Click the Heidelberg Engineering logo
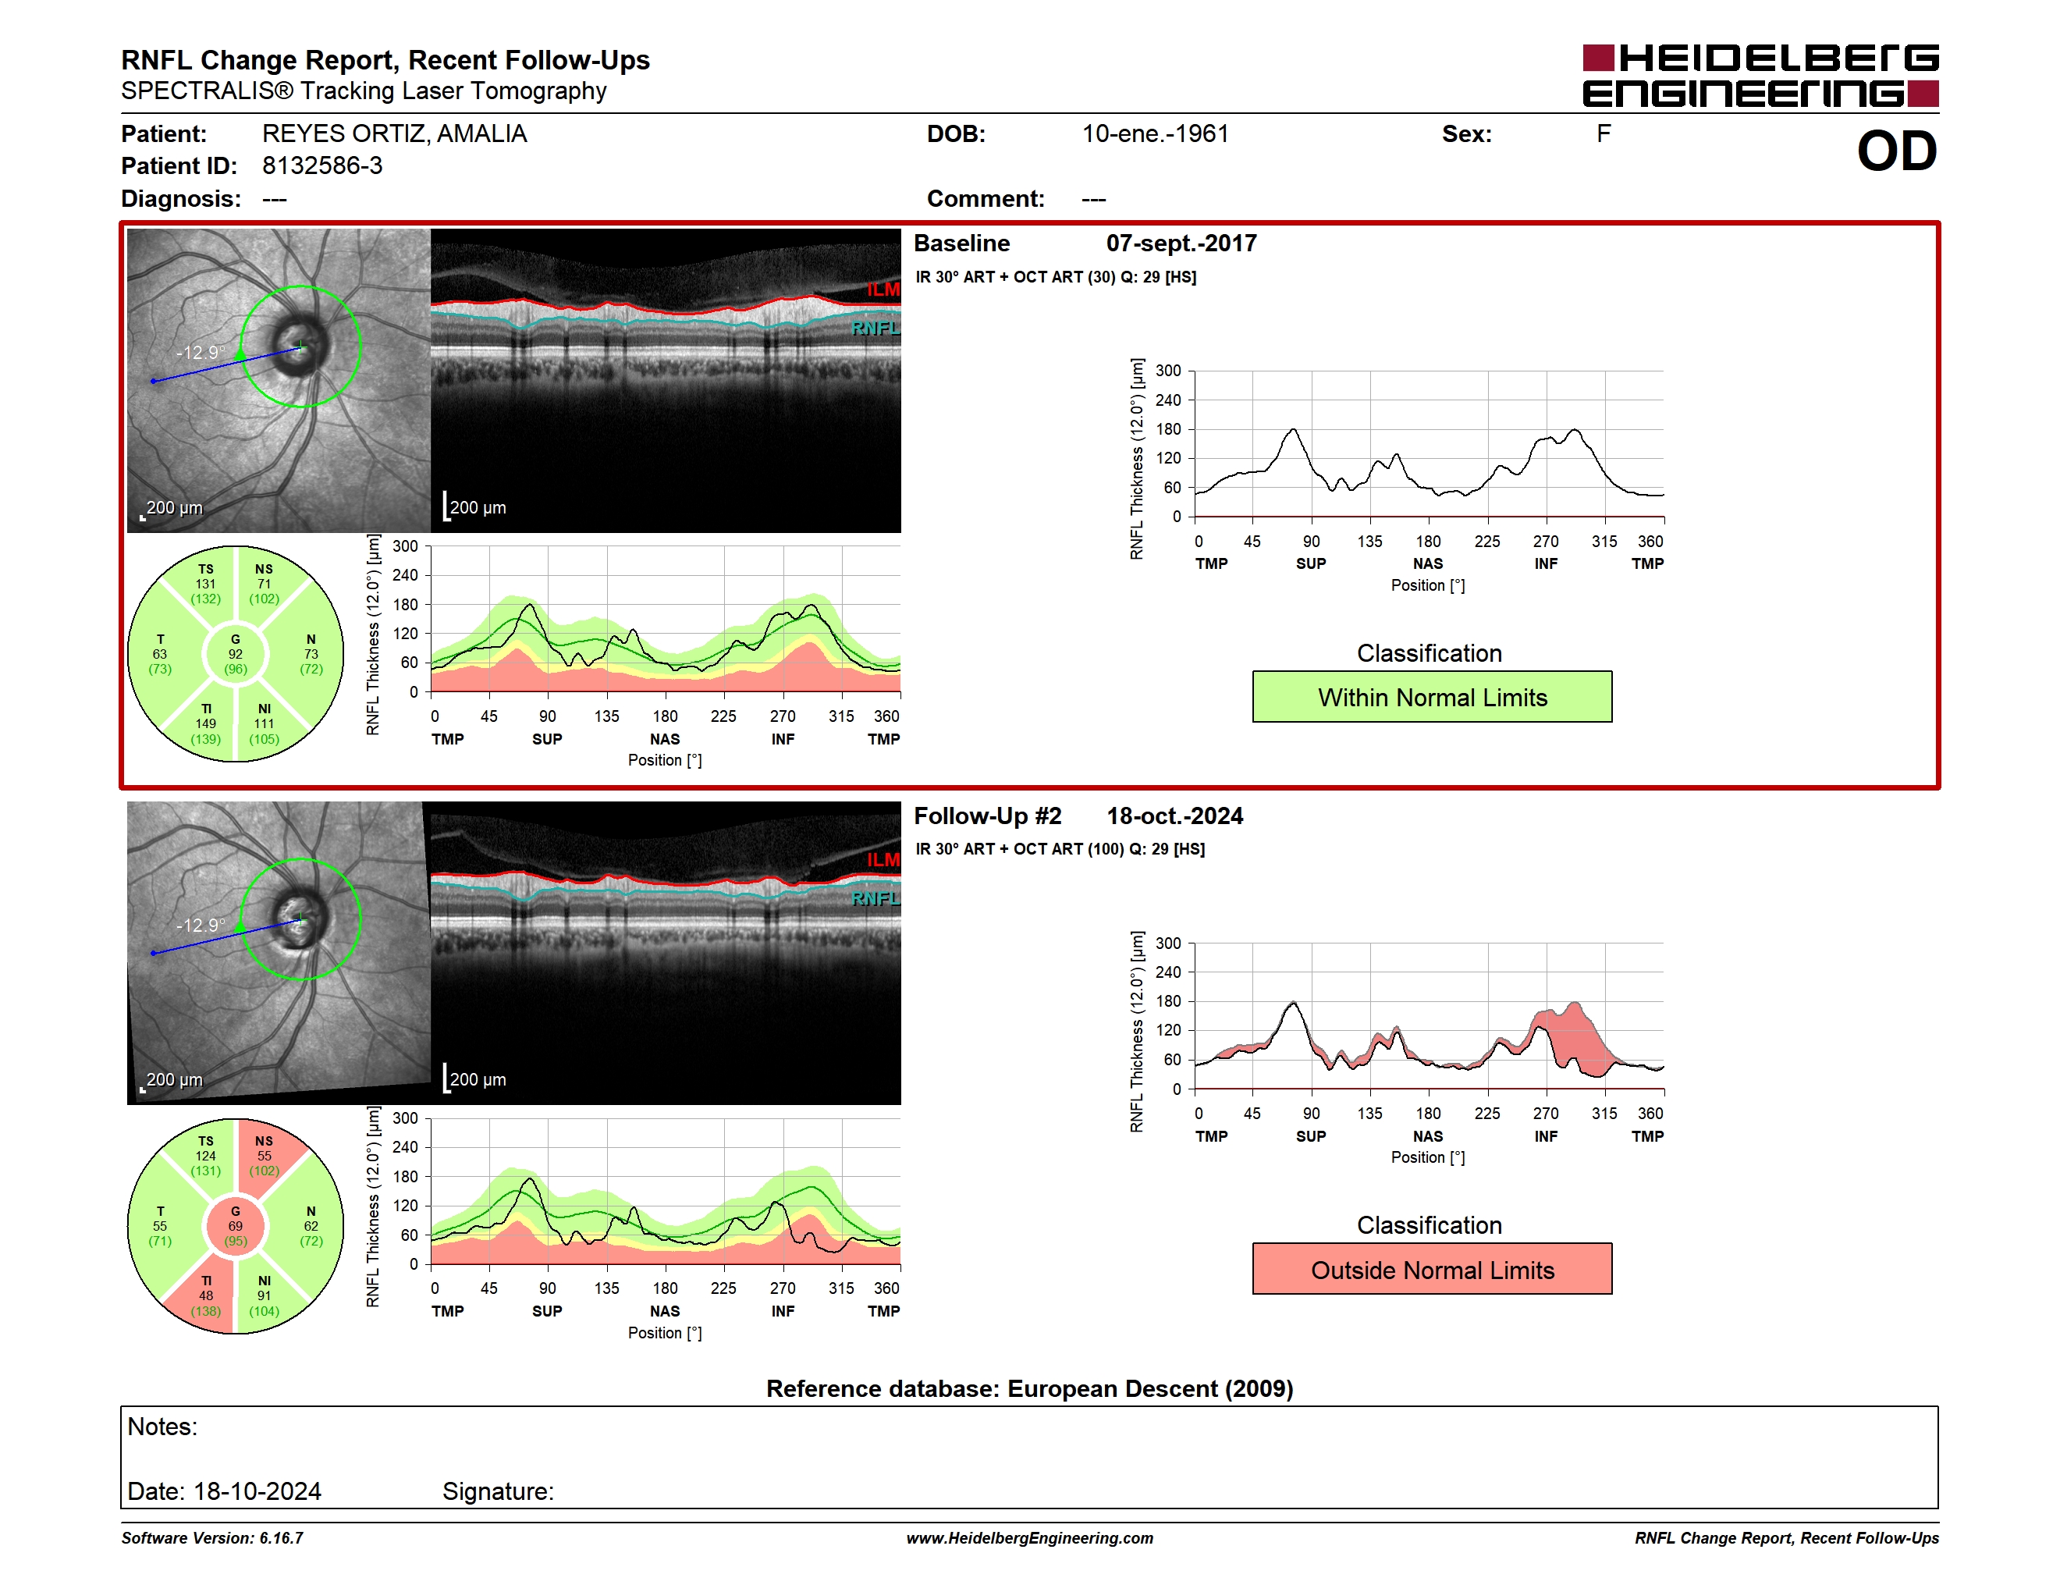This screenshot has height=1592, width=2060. coord(1760,76)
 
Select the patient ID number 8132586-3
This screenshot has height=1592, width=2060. coord(322,166)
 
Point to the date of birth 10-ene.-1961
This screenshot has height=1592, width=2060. coord(1156,134)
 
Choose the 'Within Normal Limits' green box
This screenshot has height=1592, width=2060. coord(1432,697)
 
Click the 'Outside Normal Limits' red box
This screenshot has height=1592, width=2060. coord(1432,1270)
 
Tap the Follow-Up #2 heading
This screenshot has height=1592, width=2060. coord(988,816)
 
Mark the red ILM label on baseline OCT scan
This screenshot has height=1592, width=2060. coord(883,290)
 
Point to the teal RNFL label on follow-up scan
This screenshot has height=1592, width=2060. coord(875,899)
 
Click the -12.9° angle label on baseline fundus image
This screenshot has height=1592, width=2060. coord(201,353)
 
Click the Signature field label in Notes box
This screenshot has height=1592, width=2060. coord(498,1491)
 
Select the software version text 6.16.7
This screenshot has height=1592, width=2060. coord(281,1538)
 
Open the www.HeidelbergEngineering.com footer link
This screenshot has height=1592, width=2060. coord(1029,1538)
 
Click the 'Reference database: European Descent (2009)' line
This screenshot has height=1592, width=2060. coord(1029,1388)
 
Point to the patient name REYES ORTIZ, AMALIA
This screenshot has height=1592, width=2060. coord(394,134)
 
